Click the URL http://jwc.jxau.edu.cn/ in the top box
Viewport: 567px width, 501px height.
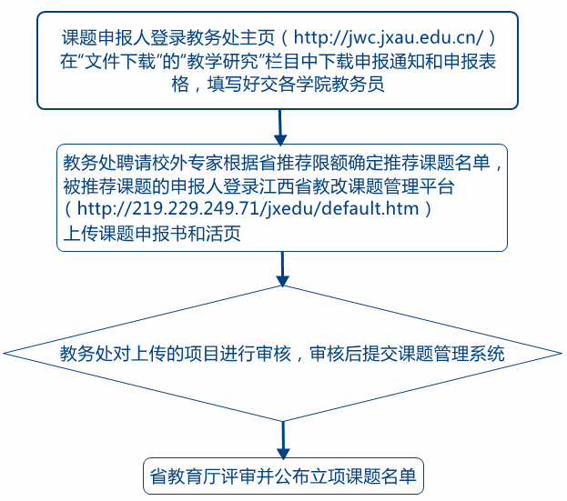[x=389, y=37]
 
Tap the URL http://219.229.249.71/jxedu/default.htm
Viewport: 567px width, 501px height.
[x=248, y=208]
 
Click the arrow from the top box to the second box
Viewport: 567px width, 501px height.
[x=280, y=127]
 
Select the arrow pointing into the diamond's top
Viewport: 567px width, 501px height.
[x=282, y=269]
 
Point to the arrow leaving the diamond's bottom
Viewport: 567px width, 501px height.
[x=283, y=439]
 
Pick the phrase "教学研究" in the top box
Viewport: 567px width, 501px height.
[x=224, y=62]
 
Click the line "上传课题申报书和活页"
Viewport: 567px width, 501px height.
[x=152, y=234]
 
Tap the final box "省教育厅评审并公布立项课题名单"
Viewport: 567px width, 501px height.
[x=283, y=476]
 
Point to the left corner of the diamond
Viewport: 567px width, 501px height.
[x=4, y=354]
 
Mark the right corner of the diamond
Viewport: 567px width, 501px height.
[x=562, y=354]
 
